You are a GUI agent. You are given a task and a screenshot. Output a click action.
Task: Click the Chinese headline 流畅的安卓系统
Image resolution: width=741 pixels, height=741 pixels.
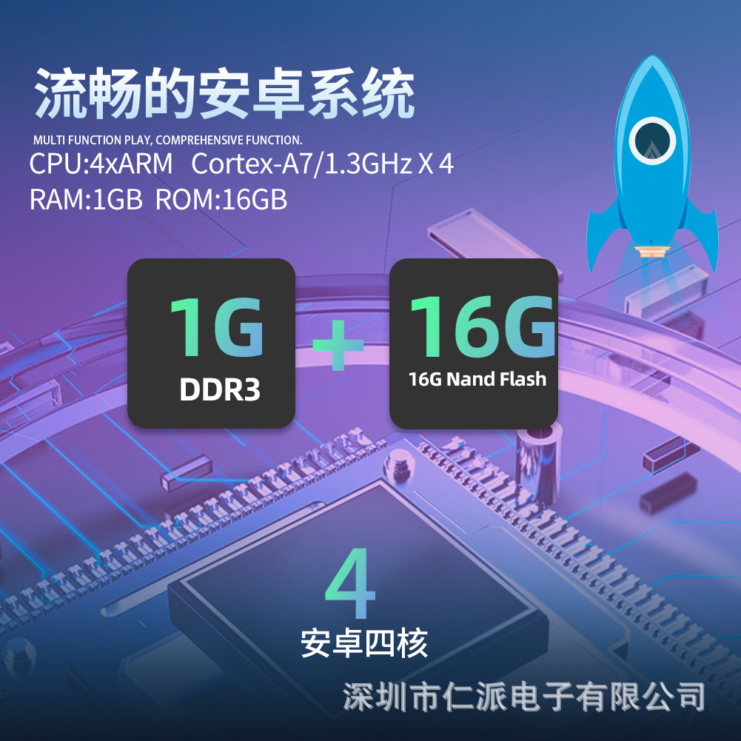[224, 95]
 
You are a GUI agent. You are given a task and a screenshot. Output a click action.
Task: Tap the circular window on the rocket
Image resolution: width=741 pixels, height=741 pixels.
[652, 141]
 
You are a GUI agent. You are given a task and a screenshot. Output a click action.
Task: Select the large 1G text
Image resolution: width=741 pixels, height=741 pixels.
[216, 328]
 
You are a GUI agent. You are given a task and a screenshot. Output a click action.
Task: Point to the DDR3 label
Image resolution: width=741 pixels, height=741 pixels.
[220, 390]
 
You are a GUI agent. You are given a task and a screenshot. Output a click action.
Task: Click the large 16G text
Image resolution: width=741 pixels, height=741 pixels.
[482, 326]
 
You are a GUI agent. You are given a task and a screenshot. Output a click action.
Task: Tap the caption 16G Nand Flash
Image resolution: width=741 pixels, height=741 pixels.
[477, 380]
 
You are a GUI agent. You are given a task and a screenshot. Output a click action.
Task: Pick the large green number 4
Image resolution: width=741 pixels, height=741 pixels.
[351, 584]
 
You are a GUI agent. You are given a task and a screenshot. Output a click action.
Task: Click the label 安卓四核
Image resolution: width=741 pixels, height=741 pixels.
[364, 643]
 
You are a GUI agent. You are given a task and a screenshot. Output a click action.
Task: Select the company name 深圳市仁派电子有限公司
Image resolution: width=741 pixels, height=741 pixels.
[524, 696]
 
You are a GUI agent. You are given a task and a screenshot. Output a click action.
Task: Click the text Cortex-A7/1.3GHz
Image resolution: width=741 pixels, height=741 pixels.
[301, 164]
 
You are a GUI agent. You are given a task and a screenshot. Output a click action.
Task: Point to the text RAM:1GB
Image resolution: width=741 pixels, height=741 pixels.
[85, 200]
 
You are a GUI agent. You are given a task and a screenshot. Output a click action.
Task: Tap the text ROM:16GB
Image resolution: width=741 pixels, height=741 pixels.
[221, 200]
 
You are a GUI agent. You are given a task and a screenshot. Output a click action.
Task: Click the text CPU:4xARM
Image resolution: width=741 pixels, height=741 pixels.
[101, 164]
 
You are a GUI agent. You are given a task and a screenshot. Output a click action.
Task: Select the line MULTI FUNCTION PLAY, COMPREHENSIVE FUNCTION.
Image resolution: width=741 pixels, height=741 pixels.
[168, 140]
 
